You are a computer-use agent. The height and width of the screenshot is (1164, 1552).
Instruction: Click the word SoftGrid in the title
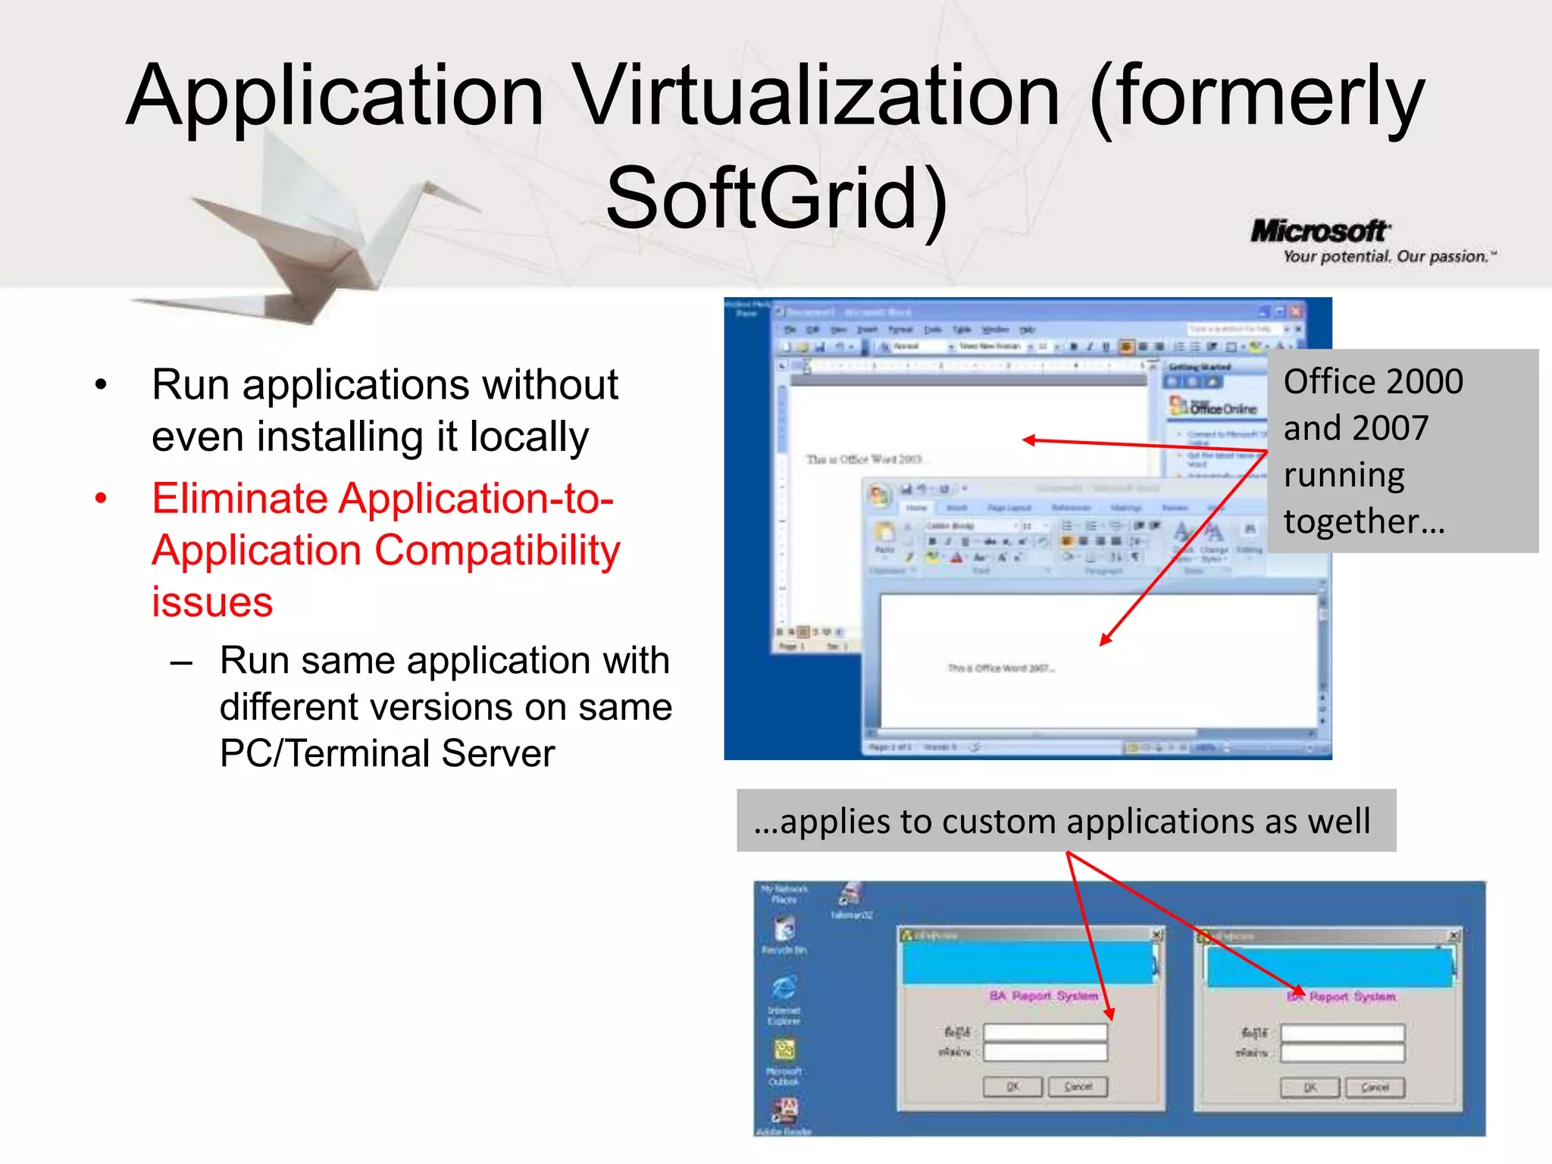point(762,199)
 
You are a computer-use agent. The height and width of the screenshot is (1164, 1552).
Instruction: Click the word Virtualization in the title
point(815,96)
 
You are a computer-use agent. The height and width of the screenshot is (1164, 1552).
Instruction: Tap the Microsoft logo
point(1319,231)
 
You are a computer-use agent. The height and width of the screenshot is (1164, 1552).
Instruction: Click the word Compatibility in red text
point(497,551)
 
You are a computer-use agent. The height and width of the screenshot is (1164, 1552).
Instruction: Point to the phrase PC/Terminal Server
point(387,754)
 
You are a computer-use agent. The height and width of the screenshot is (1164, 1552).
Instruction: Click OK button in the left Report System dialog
point(1012,1087)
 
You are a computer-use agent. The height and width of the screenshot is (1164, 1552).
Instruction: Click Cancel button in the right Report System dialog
point(1374,1087)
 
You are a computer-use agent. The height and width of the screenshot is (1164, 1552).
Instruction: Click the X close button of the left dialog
point(1156,935)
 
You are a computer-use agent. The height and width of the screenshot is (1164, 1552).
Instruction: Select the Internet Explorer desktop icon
point(784,989)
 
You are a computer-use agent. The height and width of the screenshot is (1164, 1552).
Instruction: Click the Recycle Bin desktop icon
point(784,928)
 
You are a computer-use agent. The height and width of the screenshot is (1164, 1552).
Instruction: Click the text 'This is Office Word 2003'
point(863,459)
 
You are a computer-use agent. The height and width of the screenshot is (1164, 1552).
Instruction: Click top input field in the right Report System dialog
point(1342,1032)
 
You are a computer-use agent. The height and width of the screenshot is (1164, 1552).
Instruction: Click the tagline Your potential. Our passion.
point(1386,257)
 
